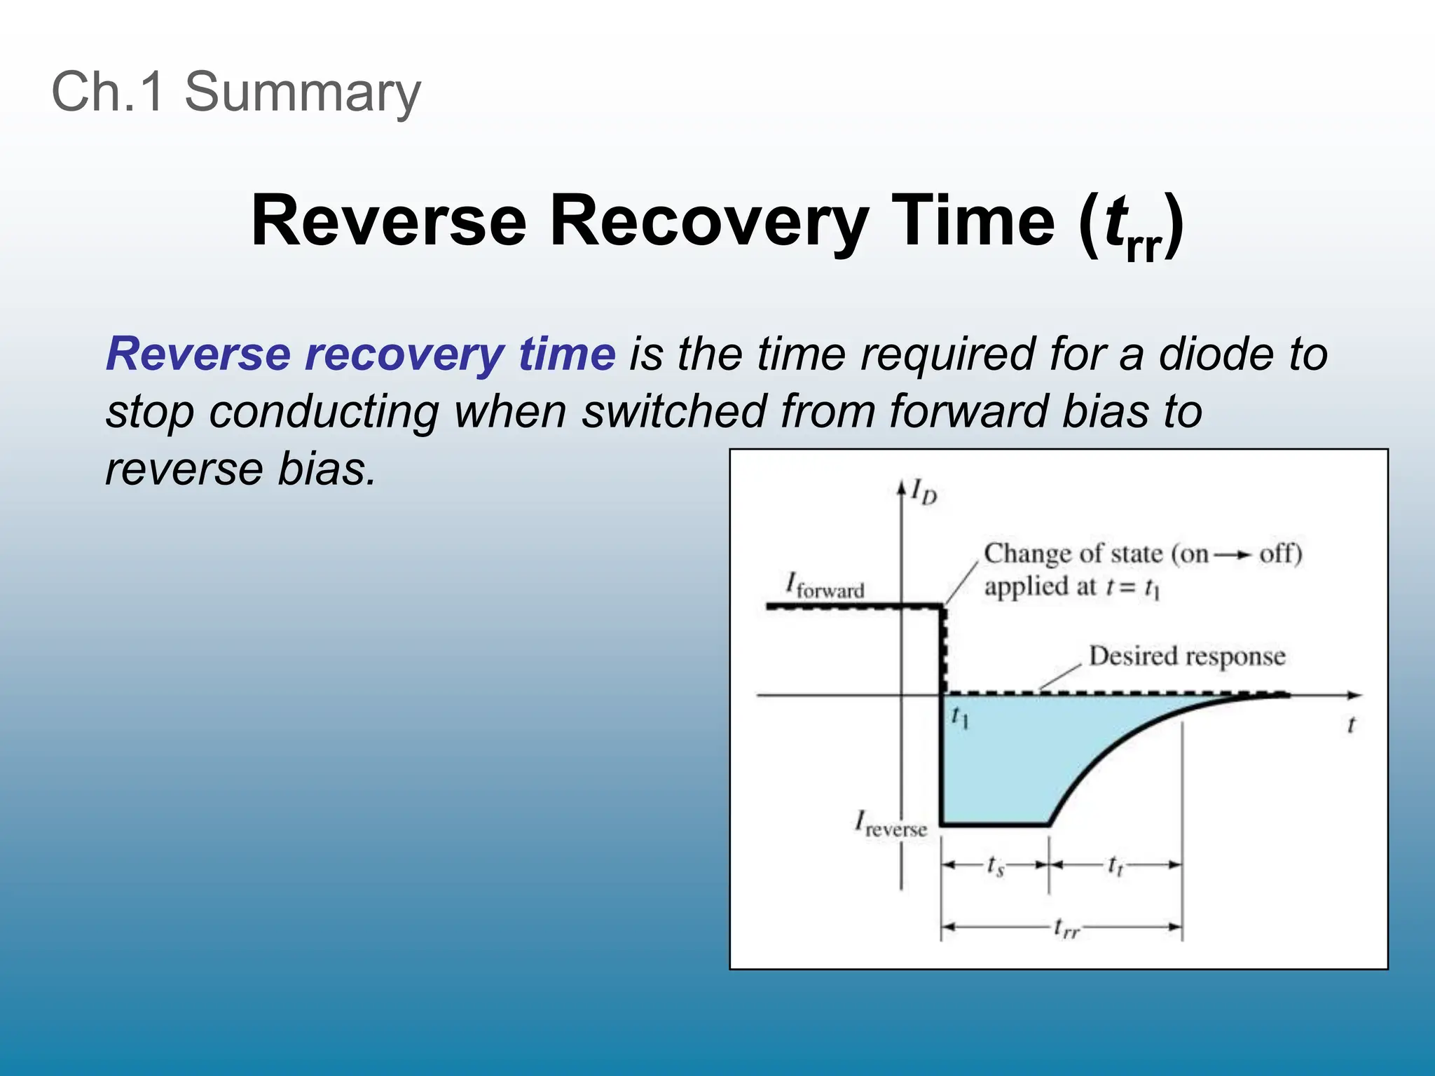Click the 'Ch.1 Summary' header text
click(236, 92)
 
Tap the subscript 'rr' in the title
click(1144, 249)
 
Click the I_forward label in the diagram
click(825, 586)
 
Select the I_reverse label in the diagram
click(891, 824)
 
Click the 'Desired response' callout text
click(1187, 656)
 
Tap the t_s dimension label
click(995, 867)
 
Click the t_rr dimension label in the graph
click(1066, 929)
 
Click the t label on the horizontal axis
click(1351, 724)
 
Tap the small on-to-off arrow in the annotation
click(1233, 555)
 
